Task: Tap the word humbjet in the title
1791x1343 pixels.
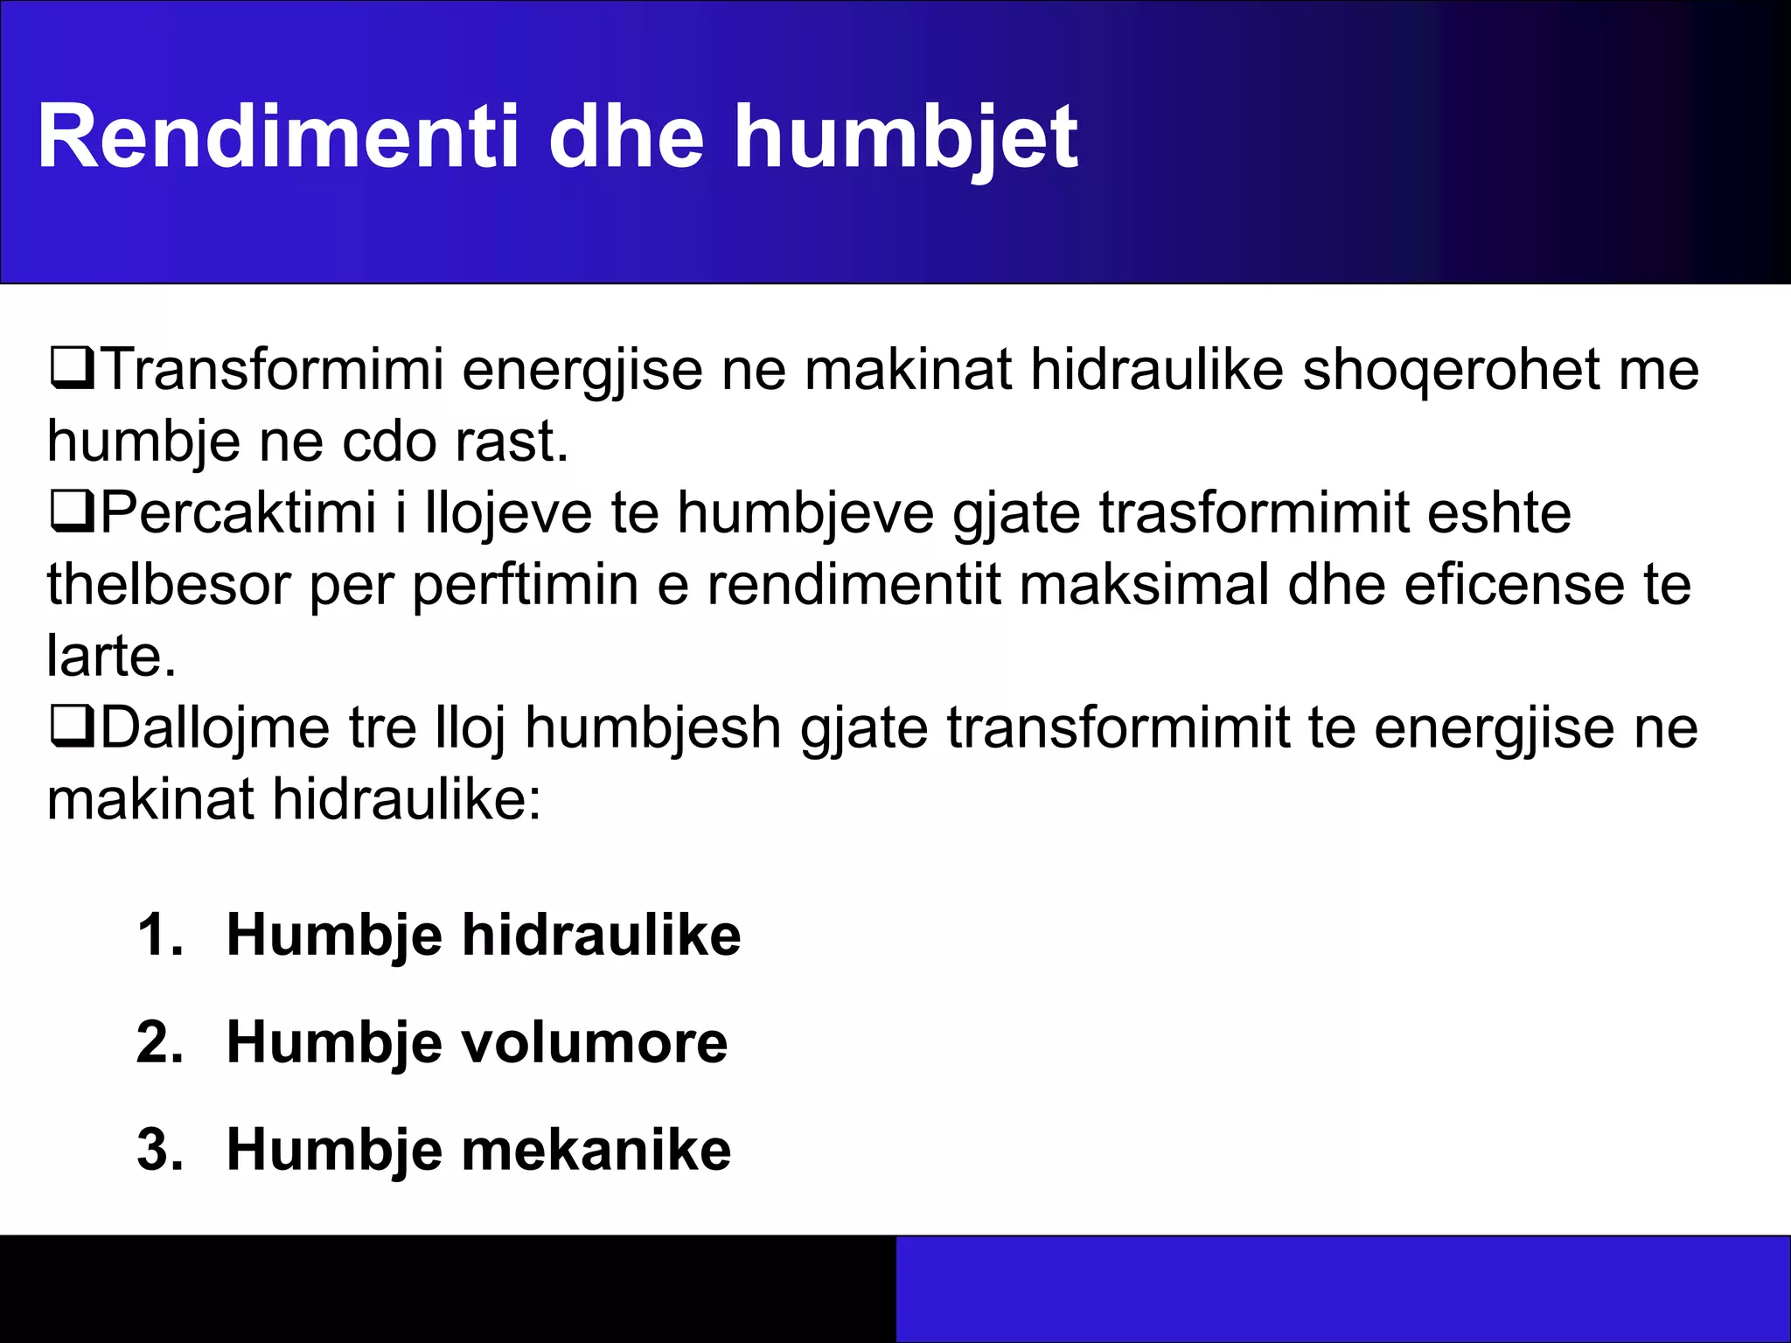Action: coord(906,137)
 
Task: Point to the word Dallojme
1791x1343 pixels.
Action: coord(215,727)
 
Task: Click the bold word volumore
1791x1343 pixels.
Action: coord(594,1042)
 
